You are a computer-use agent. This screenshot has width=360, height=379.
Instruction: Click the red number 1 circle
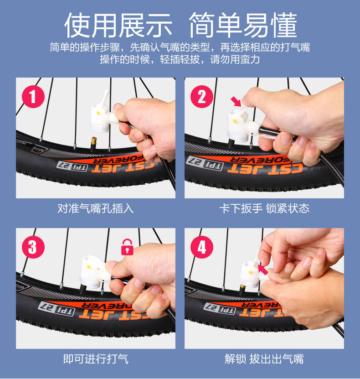click(33, 97)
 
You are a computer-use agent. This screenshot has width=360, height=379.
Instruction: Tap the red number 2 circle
click(201, 97)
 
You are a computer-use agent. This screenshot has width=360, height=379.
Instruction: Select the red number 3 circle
click(33, 247)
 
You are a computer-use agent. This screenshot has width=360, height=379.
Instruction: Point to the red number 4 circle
click(201, 247)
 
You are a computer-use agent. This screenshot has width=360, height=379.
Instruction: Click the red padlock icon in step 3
click(127, 247)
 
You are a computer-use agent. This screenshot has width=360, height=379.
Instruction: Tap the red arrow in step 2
click(236, 101)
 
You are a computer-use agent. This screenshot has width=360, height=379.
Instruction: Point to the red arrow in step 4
click(262, 270)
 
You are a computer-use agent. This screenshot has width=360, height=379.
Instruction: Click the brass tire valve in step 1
click(93, 144)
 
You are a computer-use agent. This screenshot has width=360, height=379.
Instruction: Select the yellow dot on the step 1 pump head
click(98, 113)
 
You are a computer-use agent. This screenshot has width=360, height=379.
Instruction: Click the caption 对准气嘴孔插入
click(95, 208)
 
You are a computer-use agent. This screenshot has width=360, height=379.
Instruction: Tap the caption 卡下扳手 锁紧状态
click(264, 208)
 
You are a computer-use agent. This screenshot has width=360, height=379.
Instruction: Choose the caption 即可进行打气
click(96, 359)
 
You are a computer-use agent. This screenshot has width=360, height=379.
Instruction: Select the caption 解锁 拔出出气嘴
click(264, 359)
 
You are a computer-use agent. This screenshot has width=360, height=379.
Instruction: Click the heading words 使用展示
click(118, 25)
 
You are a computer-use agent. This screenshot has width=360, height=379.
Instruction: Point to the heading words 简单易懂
click(243, 25)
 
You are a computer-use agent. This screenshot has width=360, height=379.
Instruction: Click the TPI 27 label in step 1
click(72, 166)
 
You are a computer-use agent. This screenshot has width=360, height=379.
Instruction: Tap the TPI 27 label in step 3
click(57, 309)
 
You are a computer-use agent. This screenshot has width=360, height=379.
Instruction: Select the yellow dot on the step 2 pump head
click(235, 120)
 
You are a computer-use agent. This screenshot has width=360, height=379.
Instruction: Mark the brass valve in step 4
click(242, 289)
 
